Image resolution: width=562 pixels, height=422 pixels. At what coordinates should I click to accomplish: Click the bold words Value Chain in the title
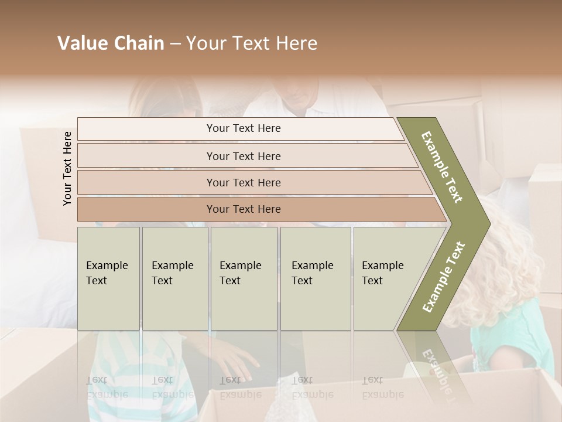coord(111,43)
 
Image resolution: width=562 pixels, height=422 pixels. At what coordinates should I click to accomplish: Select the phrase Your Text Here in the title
coord(252,43)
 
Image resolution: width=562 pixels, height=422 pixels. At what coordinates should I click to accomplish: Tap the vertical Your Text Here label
coord(68,168)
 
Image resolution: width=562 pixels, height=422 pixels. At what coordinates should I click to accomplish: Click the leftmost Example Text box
coord(108,278)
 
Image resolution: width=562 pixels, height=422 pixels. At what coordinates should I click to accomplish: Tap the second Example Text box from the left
coord(174,278)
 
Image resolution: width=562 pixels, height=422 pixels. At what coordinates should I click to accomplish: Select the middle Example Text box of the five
coord(244,278)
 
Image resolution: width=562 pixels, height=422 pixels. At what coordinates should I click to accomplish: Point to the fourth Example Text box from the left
coord(315,278)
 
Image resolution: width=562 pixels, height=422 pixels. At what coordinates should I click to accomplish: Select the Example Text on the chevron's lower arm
coord(444,277)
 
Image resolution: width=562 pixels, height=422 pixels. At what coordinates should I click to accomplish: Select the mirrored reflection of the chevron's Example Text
coord(436,366)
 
